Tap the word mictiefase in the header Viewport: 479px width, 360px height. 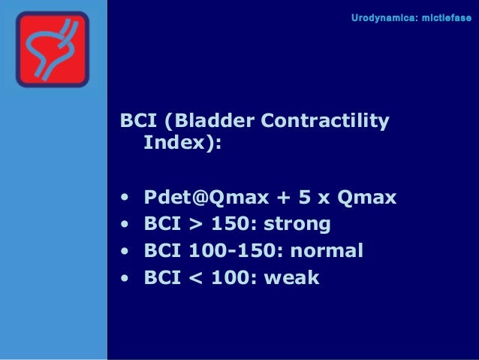pos(444,16)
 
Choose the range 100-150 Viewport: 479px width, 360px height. pos(222,251)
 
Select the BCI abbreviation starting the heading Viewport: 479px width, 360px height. pos(140,121)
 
